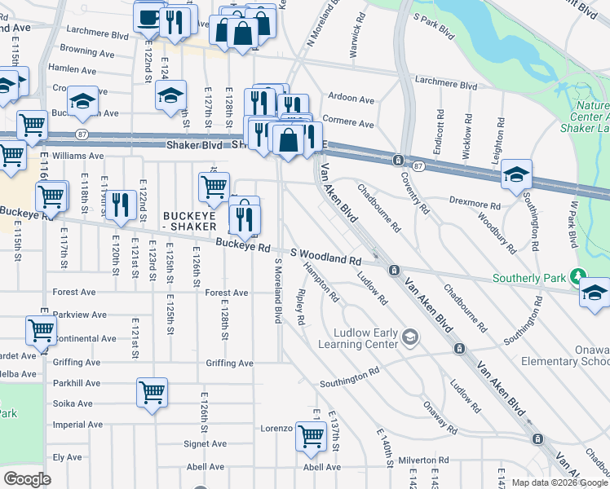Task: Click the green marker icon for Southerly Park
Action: pos(579,277)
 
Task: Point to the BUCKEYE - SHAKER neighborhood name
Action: pos(189,221)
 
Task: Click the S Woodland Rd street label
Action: pos(325,258)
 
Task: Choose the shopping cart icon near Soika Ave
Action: pos(152,394)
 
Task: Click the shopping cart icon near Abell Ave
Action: pos(311,436)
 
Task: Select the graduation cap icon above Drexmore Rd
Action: pos(515,175)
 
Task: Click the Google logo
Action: pos(27,479)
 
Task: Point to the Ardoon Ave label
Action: pos(351,98)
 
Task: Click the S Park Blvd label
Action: pos(434,28)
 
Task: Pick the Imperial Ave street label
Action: pos(78,425)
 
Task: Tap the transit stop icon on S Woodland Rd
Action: pos(394,270)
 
